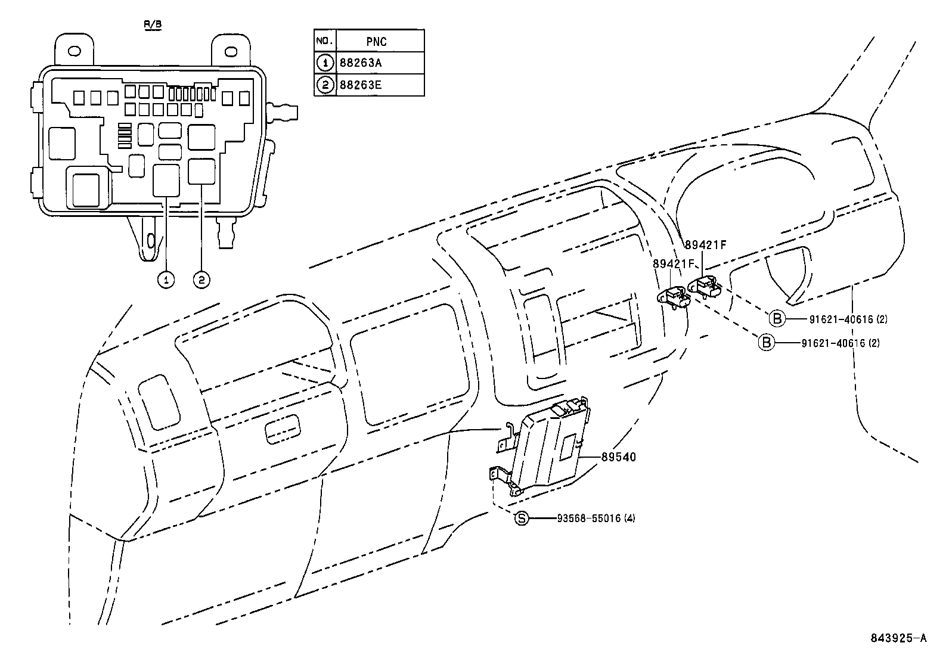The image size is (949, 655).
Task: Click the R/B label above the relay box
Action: (x=153, y=25)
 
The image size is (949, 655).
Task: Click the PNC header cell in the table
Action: (x=377, y=41)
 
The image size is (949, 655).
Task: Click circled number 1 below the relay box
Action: (x=166, y=278)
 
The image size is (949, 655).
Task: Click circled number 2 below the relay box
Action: (x=201, y=278)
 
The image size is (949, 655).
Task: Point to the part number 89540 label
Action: (x=618, y=457)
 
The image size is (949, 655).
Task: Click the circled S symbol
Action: (x=522, y=519)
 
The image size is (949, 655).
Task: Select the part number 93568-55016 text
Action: (x=596, y=519)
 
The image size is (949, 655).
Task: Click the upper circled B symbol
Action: (x=777, y=319)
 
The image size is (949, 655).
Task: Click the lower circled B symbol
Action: (x=767, y=343)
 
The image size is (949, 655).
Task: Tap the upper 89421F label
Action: (x=706, y=244)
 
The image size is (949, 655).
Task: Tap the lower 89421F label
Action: (x=674, y=263)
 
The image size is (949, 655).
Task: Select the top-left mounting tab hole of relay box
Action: (x=74, y=50)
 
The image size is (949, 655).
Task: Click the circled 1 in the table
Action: (x=325, y=63)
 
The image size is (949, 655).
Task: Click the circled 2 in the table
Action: (x=325, y=85)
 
